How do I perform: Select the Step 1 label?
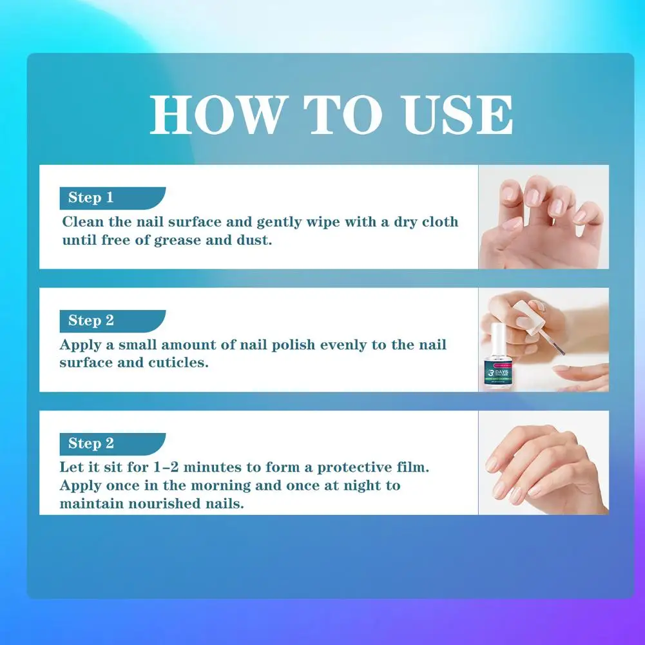point(91,197)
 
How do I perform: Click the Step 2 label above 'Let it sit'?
point(91,443)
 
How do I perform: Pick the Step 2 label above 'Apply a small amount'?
point(91,320)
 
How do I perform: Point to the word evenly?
point(330,345)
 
